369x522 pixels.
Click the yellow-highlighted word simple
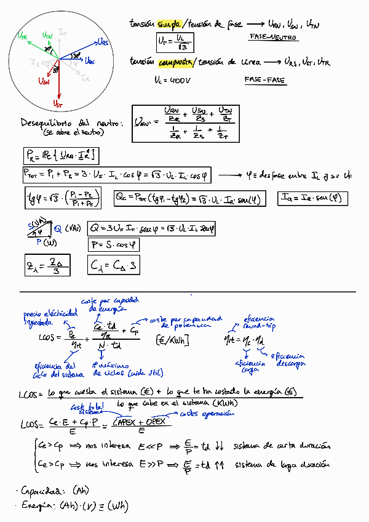click(x=169, y=24)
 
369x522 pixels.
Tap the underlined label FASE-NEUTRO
click(x=274, y=38)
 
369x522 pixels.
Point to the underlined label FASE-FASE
click(x=266, y=80)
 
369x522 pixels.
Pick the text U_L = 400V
click(x=174, y=80)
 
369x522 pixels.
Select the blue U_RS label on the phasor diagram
click(x=103, y=42)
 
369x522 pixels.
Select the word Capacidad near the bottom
click(x=41, y=491)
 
